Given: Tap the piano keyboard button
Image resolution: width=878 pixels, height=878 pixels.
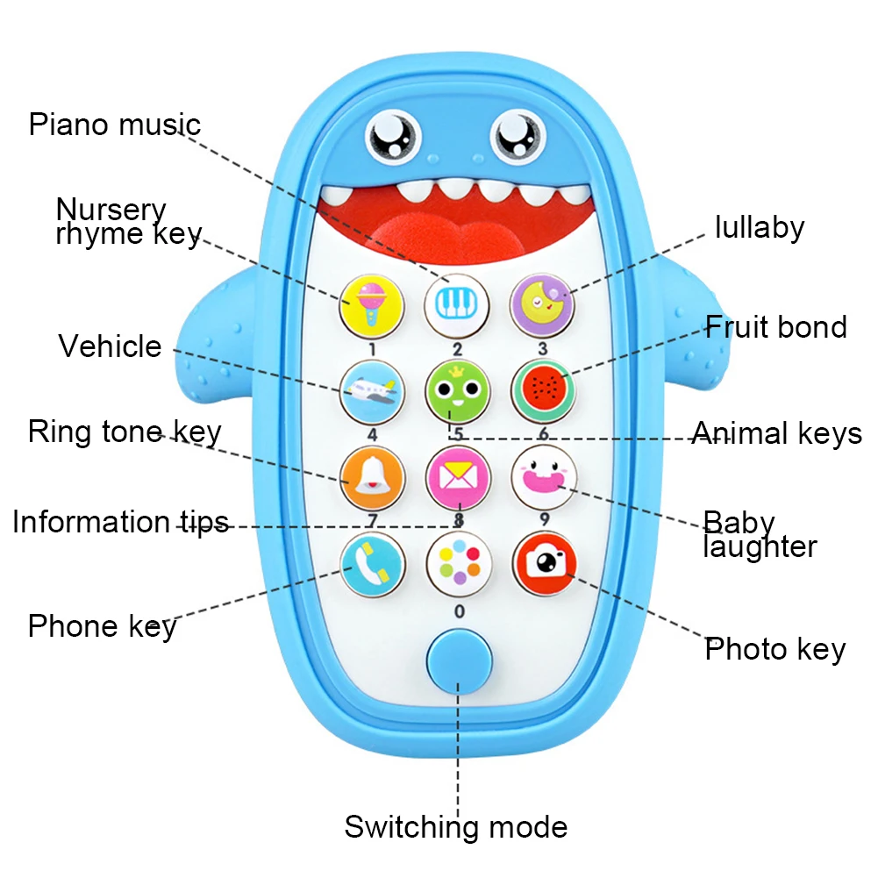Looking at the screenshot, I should click(456, 303).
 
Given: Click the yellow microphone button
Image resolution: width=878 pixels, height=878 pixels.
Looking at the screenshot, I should click(372, 303).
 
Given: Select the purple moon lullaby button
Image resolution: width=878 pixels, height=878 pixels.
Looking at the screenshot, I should click(541, 303).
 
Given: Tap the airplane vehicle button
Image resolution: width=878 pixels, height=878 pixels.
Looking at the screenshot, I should click(372, 390).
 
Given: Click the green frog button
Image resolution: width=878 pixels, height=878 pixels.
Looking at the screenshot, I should click(456, 390).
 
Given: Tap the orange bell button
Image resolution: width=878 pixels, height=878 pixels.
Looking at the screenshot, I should click(372, 477).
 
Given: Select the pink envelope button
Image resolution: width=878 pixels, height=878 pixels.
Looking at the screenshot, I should click(456, 477).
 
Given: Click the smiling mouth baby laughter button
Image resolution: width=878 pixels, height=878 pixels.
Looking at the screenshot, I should click(542, 477).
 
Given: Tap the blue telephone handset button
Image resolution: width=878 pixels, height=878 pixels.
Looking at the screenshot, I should click(372, 563).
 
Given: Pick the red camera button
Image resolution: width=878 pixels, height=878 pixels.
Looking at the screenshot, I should click(544, 563).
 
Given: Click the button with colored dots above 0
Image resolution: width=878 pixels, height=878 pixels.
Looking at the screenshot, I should click(457, 563).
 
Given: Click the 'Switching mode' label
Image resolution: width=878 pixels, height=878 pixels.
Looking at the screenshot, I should click(455, 826).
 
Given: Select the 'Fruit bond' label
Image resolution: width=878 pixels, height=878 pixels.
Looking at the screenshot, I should click(776, 327).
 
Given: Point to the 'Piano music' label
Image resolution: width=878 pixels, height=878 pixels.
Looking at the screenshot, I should click(115, 124).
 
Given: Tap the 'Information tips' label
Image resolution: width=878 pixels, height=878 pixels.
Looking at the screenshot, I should click(120, 522).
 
